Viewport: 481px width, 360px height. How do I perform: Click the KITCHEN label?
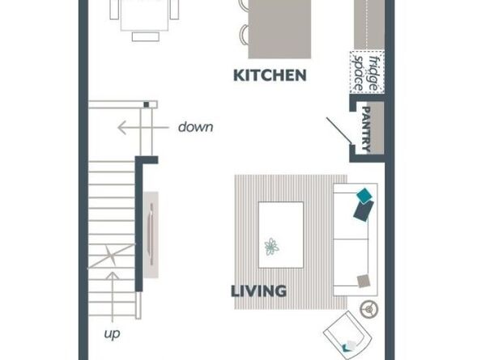click(270, 76)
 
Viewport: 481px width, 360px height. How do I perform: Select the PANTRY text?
click(367, 127)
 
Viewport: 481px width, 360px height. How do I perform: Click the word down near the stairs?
click(195, 127)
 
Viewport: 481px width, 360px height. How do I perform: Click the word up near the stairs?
click(113, 332)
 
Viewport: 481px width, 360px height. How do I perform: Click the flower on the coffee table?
click(271, 247)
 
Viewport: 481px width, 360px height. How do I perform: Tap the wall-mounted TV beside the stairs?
click(151, 235)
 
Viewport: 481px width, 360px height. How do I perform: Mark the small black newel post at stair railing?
click(146, 104)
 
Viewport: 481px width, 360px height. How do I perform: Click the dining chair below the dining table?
click(146, 36)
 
